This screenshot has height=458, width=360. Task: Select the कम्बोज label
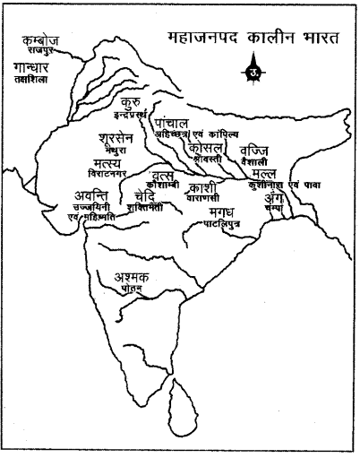[43, 42]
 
